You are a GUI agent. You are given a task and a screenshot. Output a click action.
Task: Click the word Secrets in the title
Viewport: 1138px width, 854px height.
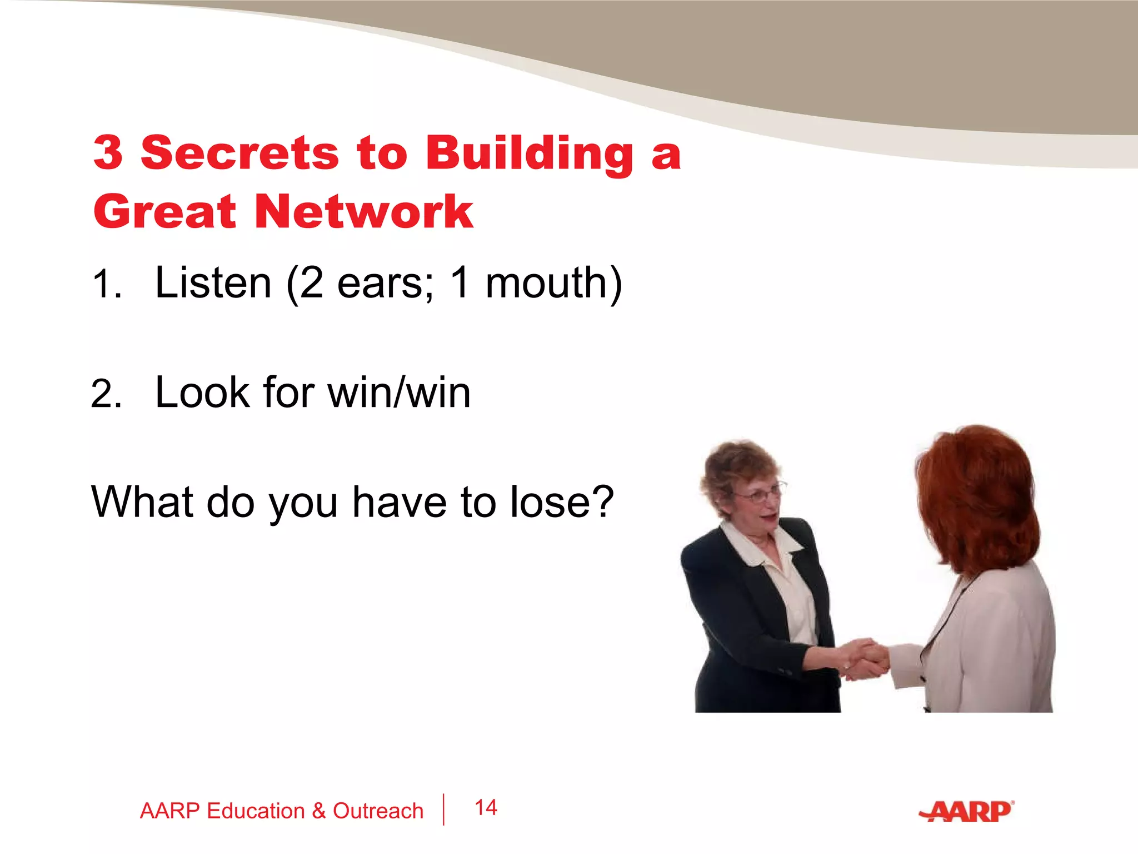coord(239,153)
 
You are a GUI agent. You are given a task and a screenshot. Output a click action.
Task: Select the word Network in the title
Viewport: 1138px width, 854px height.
coord(364,212)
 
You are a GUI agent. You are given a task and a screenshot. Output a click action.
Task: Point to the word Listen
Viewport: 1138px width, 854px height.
coord(213,283)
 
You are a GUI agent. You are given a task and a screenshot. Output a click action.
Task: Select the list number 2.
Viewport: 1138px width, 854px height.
coord(106,394)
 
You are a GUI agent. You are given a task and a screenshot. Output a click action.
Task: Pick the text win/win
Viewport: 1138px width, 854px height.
coord(399,393)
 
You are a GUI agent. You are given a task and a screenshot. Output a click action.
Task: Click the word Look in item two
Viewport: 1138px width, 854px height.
coord(202,393)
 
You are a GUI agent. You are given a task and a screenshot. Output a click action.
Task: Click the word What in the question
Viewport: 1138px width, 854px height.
coord(142,502)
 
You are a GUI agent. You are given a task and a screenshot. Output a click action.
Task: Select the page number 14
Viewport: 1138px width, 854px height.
coord(486,808)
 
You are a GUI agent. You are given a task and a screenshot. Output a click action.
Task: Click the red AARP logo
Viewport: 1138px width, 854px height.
coord(967,812)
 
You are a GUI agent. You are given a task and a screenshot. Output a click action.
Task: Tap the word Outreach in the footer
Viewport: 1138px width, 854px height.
coord(378,811)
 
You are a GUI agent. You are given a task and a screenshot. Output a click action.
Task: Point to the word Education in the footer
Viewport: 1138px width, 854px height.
coord(256,811)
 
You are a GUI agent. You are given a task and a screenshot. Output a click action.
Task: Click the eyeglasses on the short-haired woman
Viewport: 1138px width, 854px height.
coord(758,494)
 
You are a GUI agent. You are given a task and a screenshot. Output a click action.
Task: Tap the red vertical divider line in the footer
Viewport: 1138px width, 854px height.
coord(443,810)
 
